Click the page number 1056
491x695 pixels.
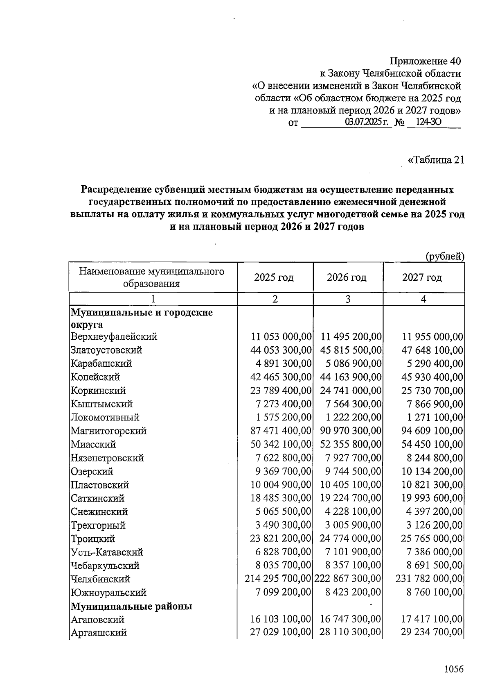(x=453, y=669)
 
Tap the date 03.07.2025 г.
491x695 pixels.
(x=366, y=122)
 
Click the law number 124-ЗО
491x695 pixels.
(x=428, y=122)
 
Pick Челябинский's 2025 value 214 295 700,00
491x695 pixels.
(x=278, y=579)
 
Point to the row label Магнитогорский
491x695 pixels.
(x=108, y=431)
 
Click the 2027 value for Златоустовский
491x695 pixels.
(x=432, y=350)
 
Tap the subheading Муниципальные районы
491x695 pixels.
(x=131, y=606)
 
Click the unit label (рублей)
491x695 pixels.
(x=444, y=257)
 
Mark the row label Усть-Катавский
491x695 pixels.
(x=107, y=552)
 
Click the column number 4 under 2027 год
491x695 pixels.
(x=423, y=299)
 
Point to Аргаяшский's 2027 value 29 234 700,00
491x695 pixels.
(x=432, y=632)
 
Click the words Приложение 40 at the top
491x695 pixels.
(x=425, y=61)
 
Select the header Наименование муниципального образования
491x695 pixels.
(x=152, y=277)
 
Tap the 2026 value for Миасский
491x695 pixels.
(x=351, y=444)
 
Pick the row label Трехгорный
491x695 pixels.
(x=98, y=525)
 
